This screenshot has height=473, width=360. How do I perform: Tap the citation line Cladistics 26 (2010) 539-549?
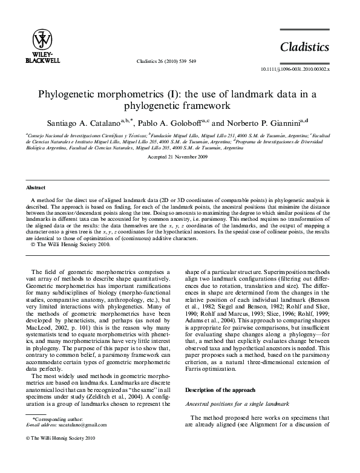coord(175,61)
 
